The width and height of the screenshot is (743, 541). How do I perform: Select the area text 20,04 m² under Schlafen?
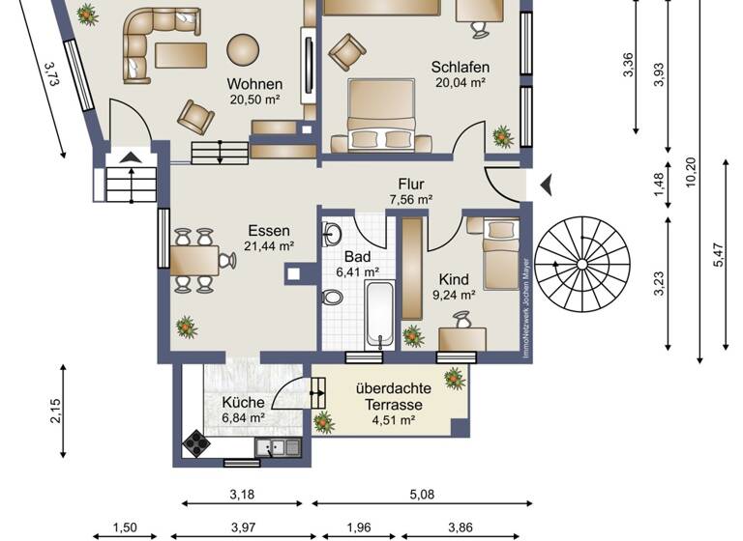point(460,83)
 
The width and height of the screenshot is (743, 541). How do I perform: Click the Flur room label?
point(410,185)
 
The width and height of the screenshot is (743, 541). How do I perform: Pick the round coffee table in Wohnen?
point(242,47)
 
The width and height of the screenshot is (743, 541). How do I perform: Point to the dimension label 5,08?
point(421,495)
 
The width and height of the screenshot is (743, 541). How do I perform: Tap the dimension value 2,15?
point(55,412)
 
